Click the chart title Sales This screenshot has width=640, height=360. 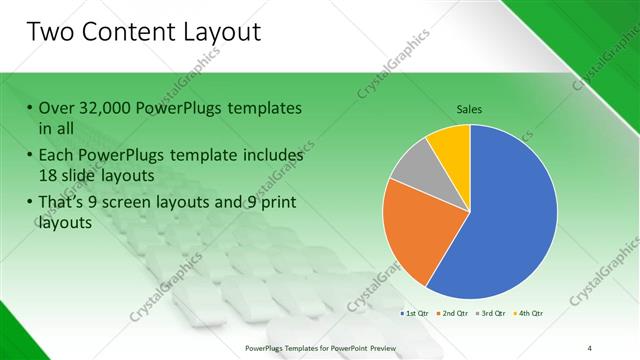click(469, 108)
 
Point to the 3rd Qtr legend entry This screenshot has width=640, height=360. click(491, 313)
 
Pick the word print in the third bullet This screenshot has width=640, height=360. click(274, 203)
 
